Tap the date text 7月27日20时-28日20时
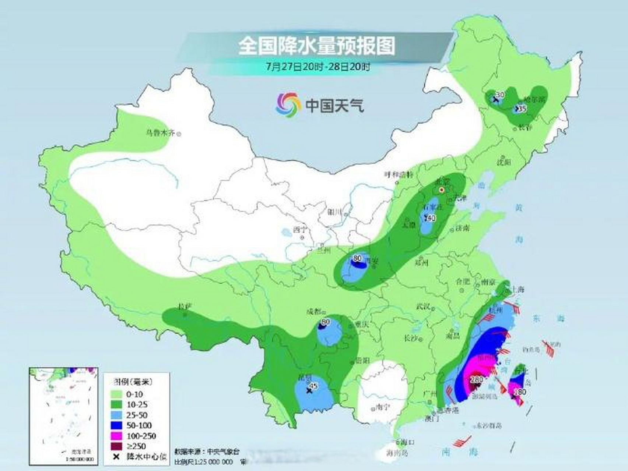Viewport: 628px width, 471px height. [x=317, y=67]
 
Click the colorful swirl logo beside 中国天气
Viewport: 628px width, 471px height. [x=287, y=105]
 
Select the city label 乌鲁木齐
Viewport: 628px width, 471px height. [x=160, y=133]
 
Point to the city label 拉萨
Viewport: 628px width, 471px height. [x=183, y=306]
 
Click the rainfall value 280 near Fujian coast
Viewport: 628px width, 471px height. [x=477, y=379]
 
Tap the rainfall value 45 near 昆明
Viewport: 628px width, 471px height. [x=314, y=386]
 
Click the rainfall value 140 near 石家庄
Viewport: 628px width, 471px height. [x=430, y=218]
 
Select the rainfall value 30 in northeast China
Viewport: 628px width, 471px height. [x=500, y=95]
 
